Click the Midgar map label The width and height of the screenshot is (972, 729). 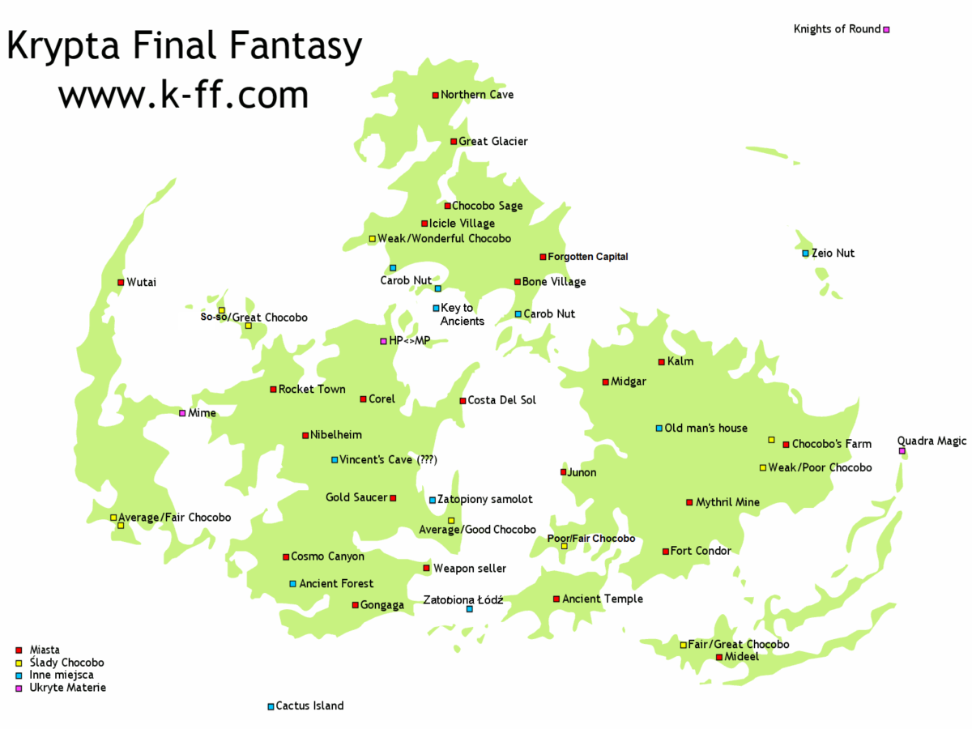629,382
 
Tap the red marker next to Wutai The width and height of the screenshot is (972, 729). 121,283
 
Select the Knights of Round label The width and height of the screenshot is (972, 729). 837,29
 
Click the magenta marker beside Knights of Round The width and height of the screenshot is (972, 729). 886,30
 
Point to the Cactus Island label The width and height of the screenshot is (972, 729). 309,706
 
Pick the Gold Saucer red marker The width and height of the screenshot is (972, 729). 394,498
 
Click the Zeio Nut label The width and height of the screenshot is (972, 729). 833,253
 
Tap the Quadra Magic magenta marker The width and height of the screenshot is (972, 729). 902,451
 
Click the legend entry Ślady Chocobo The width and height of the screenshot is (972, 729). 66,663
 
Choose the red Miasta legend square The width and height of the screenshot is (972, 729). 19,650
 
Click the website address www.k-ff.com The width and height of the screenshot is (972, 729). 183,95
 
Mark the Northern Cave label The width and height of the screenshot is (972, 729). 477,95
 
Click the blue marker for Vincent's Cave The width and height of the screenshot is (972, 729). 335,460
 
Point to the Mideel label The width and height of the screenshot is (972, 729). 742,656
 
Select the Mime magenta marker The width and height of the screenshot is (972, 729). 182,413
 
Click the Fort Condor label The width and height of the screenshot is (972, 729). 701,551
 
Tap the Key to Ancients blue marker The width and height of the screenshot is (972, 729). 436,308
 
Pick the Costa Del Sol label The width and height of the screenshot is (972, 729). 502,400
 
